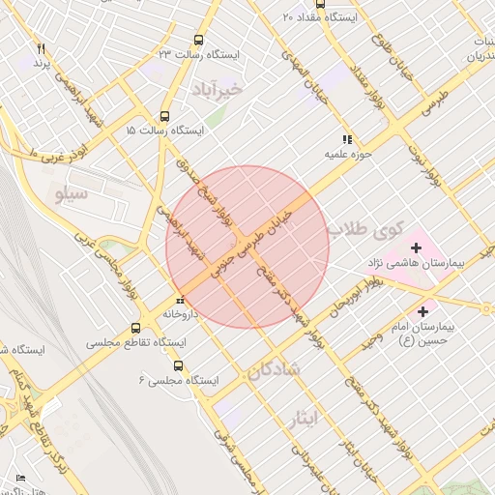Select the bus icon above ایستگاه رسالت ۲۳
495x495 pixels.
click(x=199, y=40)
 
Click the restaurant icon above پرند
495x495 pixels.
click(x=41, y=48)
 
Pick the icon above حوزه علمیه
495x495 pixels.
click(x=347, y=139)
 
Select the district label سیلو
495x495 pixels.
click(x=73, y=195)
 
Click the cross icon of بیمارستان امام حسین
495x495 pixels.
click(x=422, y=310)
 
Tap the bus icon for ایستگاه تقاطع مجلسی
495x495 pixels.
click(x=135, y=328)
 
